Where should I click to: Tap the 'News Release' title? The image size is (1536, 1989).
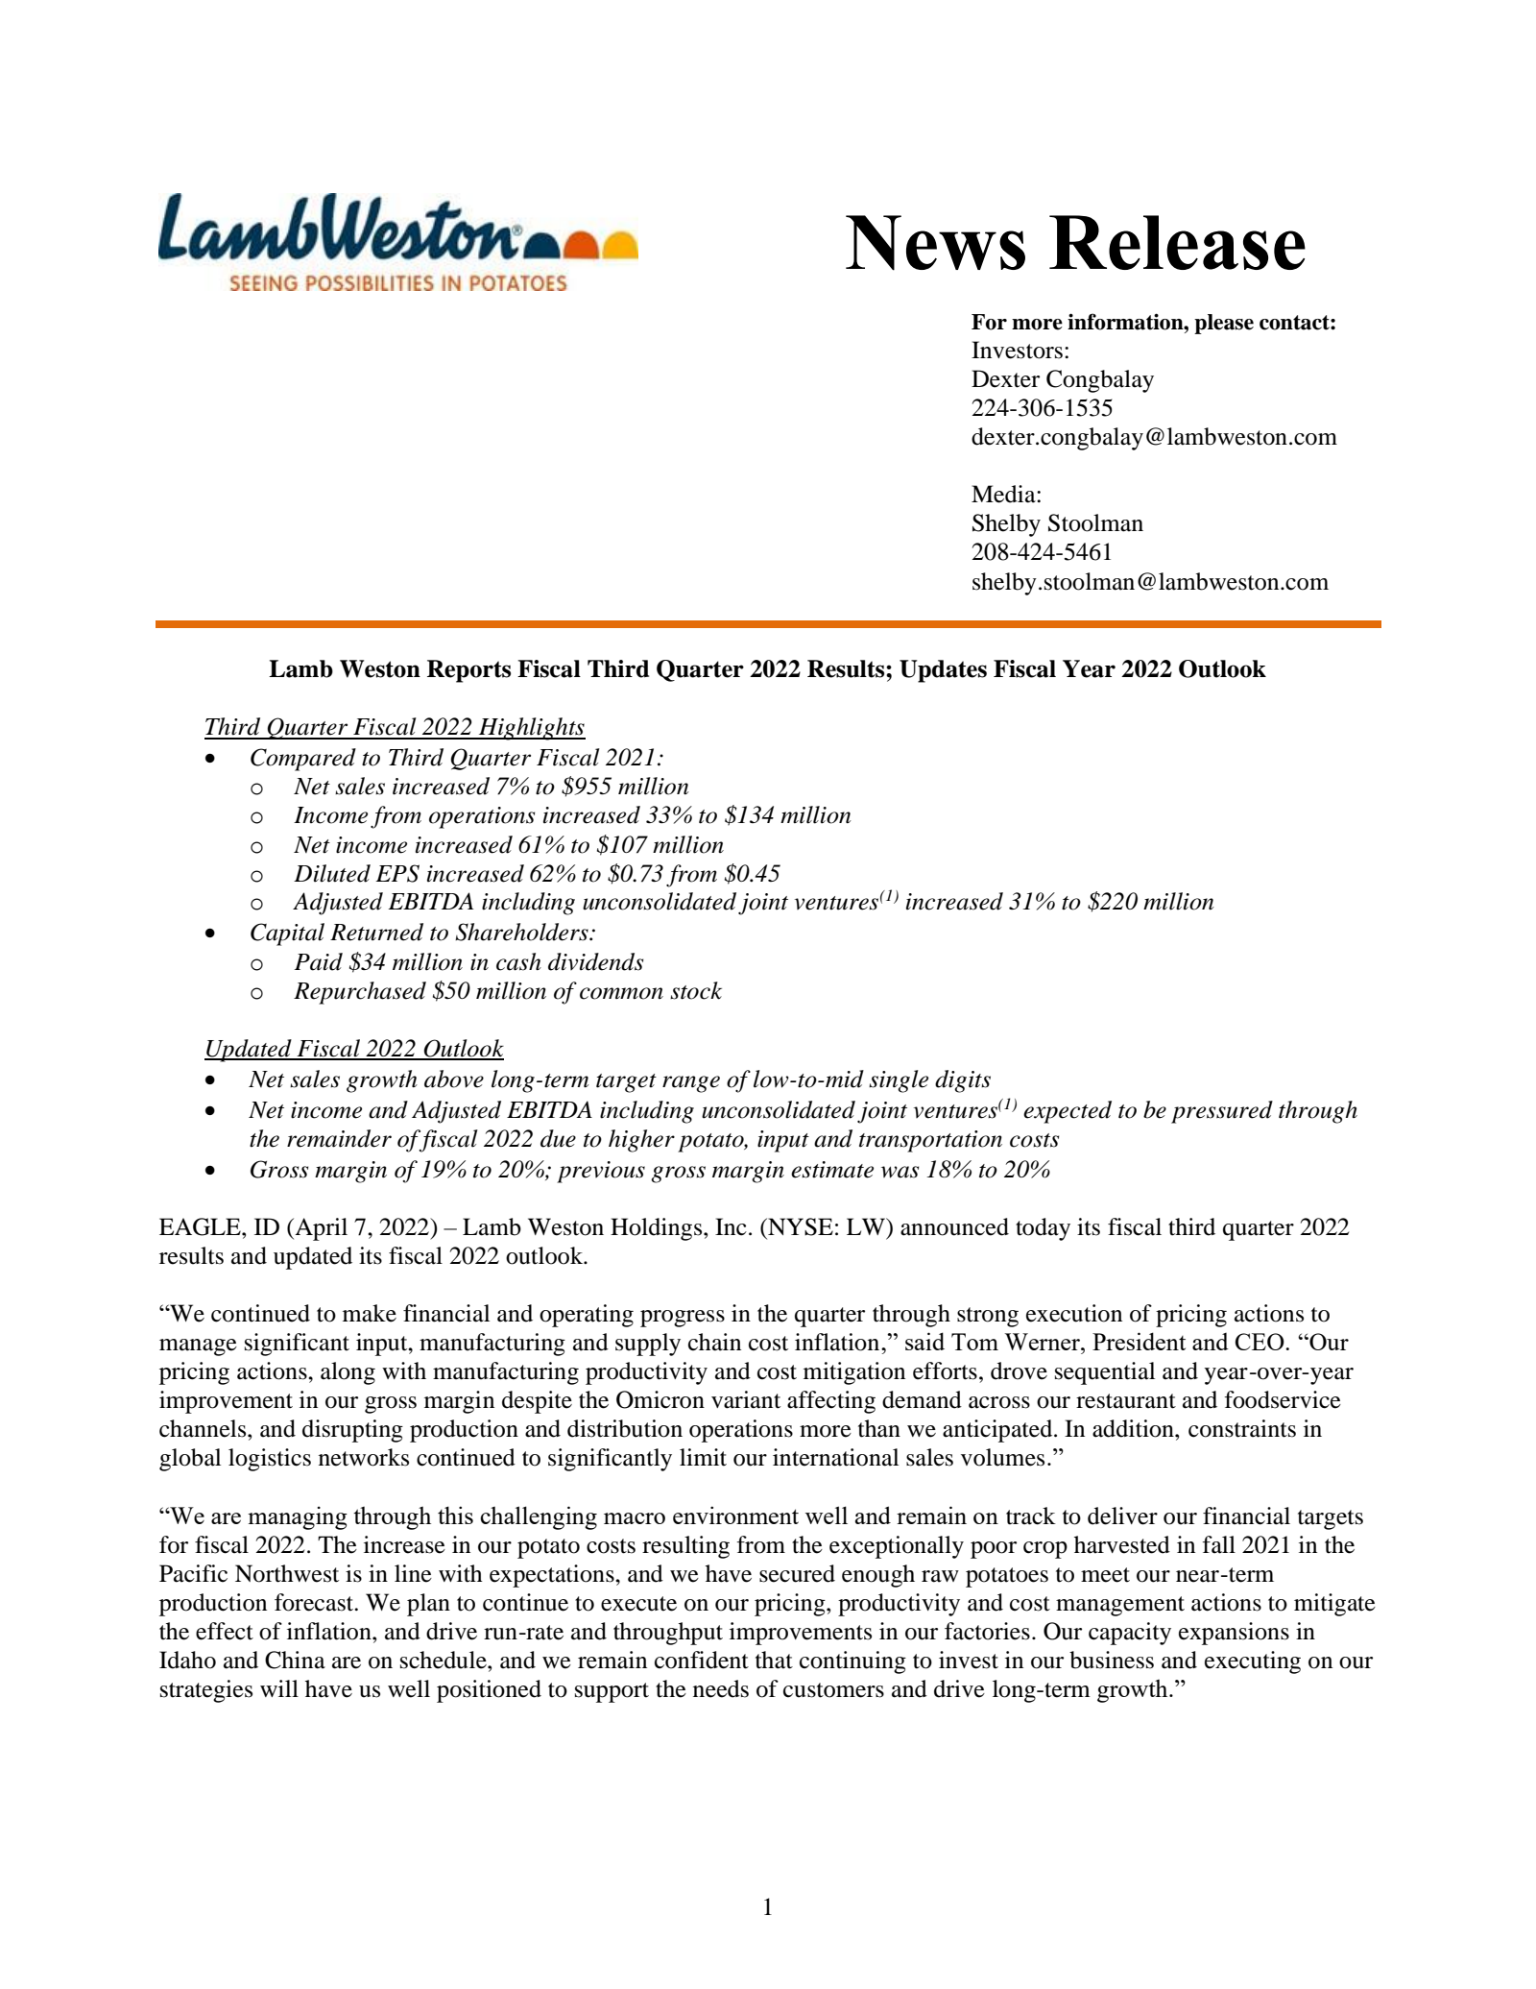pyautogui.click(x=1074, y=243)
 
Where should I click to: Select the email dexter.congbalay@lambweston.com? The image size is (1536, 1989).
pyautogui.click(x=1153, y=438)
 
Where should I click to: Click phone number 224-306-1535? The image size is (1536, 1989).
pyautogui.click(x=1042, y=409)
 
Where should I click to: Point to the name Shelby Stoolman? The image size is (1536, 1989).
pyautogui.click(x=1057, y=524)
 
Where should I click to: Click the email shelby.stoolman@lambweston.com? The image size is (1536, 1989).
pyautogui.click(x=1149, y=582)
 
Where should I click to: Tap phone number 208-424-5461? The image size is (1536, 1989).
pyautogui.click(x=1042, y=553)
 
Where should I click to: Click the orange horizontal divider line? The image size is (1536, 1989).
pyautogui.click(x=768, y=625)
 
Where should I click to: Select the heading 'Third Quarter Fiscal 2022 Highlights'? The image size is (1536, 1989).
pyautogui.click(x=395, y=727)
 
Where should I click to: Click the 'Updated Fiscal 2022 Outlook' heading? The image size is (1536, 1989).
pyautogui.click(x=354, y=1049)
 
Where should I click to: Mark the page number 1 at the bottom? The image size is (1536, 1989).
pyautogui.click(x=767, y=1907)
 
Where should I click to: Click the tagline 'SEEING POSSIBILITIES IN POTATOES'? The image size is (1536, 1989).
pyautogui.click(x=396, y=283)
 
